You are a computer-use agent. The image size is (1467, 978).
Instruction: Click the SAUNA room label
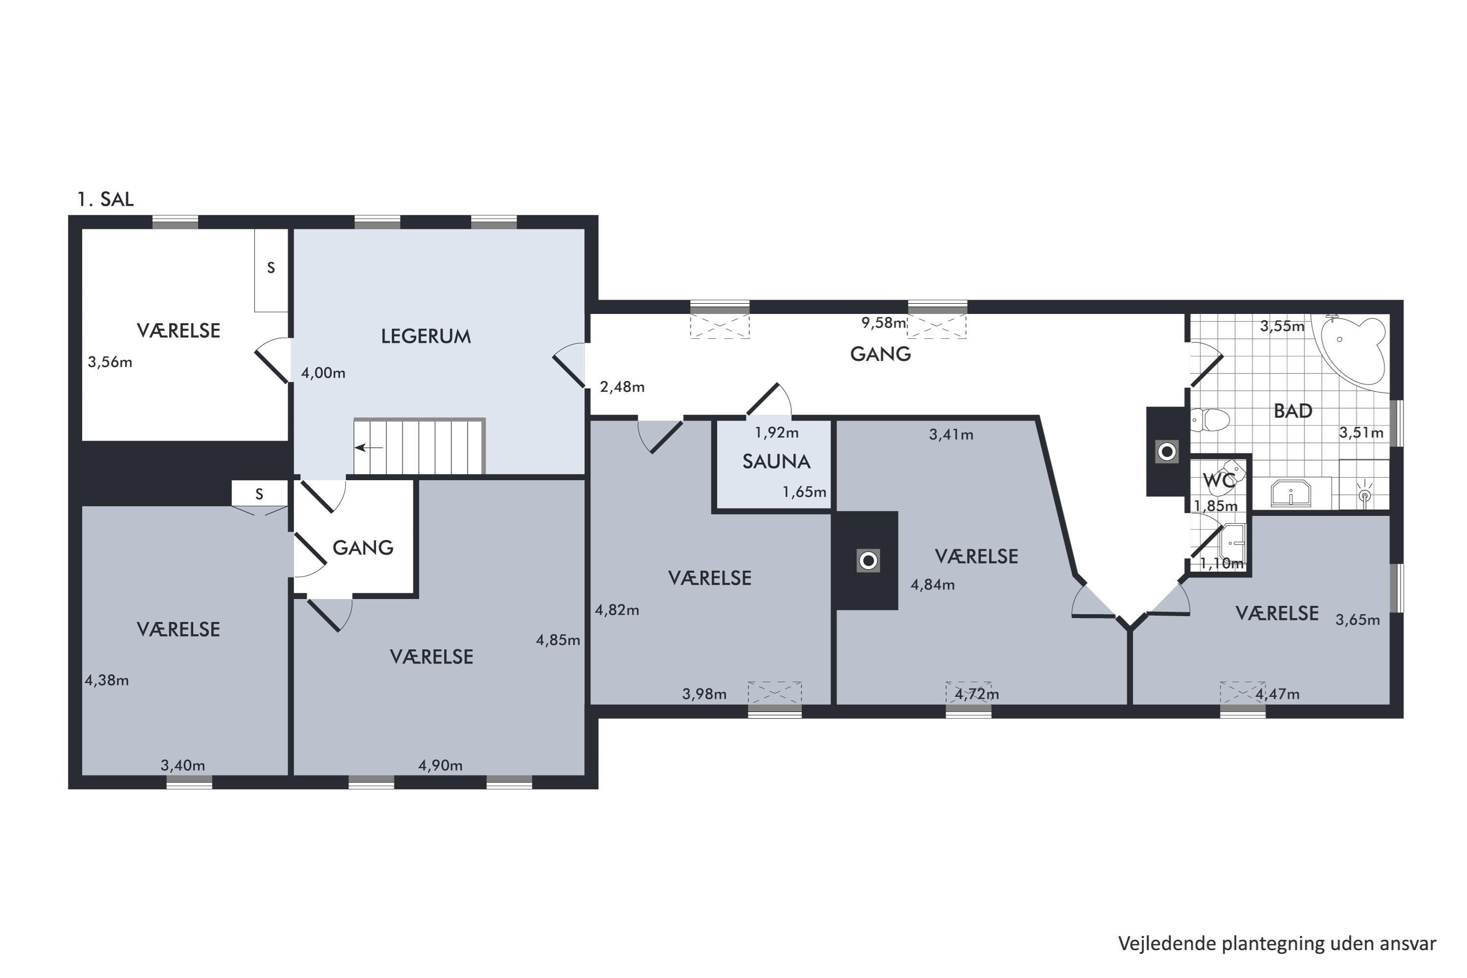(x=776, y=462)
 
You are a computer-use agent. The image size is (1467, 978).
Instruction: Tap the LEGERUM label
(x=426, y=337)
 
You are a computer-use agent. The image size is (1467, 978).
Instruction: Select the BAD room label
(x=1293, y=411)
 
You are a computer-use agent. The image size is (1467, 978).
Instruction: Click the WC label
(x=1219, y=480)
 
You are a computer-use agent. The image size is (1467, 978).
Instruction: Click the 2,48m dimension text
(x=622, y=387)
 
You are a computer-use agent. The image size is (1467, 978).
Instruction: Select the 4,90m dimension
(x=441, y=765)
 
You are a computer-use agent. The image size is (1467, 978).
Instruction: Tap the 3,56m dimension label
(x=110, y=362)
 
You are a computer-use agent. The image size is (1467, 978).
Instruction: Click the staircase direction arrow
(x=369, y=447)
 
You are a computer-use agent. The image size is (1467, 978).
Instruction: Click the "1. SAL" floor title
(x=106, y=200)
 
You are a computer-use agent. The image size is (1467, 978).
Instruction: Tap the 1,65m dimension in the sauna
(x=804, y=492)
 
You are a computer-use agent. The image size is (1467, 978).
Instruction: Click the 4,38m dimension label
(x=107, y=681)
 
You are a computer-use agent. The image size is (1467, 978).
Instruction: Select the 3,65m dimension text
(x=1357, y=620)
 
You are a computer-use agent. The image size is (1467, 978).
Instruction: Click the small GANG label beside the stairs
(x=363, y=548)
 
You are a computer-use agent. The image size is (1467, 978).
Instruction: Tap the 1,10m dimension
(x=1221, y=563)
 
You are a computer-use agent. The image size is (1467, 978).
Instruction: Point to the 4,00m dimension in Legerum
(x=323, y=374)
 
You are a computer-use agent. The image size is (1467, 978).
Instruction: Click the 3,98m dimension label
(x=704, y=694)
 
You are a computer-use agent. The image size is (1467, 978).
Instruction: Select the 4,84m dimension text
(x=933, y=585)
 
